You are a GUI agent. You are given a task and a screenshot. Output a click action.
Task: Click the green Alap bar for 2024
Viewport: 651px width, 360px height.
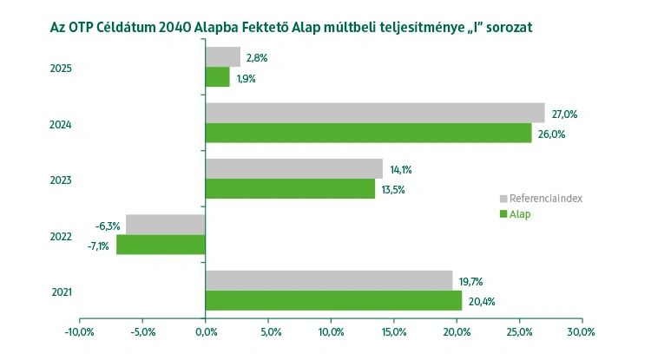click(368, 133)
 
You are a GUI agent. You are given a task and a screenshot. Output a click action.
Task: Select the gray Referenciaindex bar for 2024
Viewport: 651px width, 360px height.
click(375, 113)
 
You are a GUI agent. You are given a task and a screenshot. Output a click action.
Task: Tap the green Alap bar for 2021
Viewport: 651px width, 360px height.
click(333, 300)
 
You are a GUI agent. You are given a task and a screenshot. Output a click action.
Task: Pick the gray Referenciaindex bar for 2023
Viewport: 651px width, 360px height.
click(294, 168)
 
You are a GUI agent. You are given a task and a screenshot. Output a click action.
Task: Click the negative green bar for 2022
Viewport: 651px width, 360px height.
click(161, 245)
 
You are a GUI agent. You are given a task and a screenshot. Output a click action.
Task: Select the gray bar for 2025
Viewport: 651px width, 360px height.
click(222, 57)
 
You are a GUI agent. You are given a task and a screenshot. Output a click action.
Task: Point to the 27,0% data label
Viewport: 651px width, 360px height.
click(565, 114)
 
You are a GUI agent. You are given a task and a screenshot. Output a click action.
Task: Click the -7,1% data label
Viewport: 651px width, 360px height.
click(96, 246)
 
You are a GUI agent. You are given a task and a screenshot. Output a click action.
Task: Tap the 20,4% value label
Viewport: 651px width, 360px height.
click(483, 302)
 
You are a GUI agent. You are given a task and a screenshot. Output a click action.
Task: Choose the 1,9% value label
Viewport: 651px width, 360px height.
click(247, 79)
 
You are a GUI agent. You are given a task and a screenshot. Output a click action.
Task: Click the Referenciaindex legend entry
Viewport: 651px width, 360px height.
click(545, 199)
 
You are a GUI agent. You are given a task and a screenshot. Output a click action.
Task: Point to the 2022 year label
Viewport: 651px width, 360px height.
click(61, 236)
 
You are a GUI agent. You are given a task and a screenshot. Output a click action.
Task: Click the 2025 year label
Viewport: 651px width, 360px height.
click(61, 69)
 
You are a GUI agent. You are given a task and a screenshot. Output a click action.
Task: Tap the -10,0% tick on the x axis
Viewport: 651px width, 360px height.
click(80, 331)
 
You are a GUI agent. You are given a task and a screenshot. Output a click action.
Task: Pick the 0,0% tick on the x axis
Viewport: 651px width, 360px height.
click(206, 331)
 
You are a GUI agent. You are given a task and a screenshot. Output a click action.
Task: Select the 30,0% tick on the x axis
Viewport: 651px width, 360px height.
click(582, 331)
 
